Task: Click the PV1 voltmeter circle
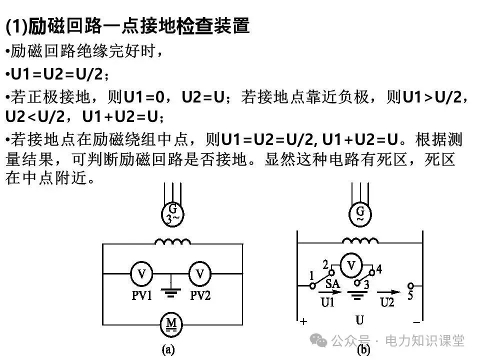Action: pyautogui.click(x=142, y=273)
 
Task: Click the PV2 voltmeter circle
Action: pyautogui.click(x=200, y=273)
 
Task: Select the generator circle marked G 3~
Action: pyautogui.click(x=172, y=214)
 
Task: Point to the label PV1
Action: pyautogui.click(x=142, y=295)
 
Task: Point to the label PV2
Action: pyautogui.click(x=200, y=295)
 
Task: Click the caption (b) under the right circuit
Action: pyautogui.click(x=363, y=350)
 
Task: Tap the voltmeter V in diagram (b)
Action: pyautogui.click(x=352, y=265)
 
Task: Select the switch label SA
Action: pyautogui.click(x=332, y=283)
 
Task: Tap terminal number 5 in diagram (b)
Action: pyautogui.click(x=410, y=295)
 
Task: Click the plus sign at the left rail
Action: pyautogui.click(x=303, y=321)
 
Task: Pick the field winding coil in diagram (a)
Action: pyautogui.click(x=172, y=242)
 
